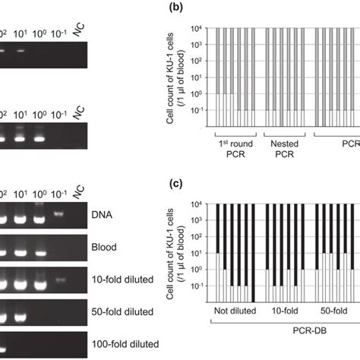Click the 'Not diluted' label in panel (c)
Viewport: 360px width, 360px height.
click(235, 311)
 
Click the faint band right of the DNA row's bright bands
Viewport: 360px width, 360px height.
click(58, 215)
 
